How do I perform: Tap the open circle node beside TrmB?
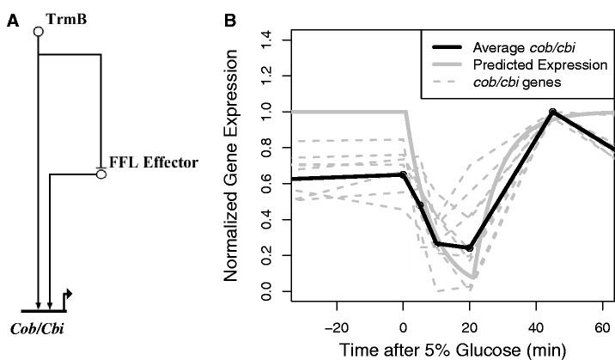tap(38, 32)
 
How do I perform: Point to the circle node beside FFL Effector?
tap(100, 174)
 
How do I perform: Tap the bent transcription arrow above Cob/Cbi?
tap(66, 296)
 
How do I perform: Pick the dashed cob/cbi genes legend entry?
tap(515, 83)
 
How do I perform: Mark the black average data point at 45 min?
tap(553, 112)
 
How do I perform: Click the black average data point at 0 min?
tap(403, 174)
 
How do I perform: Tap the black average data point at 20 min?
tap(470, 248)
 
